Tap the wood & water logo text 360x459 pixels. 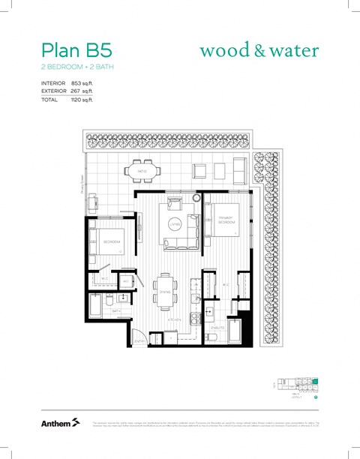point(259,50)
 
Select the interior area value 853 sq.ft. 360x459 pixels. point(82,82)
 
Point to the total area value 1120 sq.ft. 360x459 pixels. point(82,99)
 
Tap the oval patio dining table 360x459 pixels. point(141,171)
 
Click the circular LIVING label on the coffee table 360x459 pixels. point(175,223)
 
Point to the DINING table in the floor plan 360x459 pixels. point(165,289)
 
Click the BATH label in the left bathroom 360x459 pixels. point(117,310)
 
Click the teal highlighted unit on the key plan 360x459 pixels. point(315,382)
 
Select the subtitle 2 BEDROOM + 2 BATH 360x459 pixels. point(77,67)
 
